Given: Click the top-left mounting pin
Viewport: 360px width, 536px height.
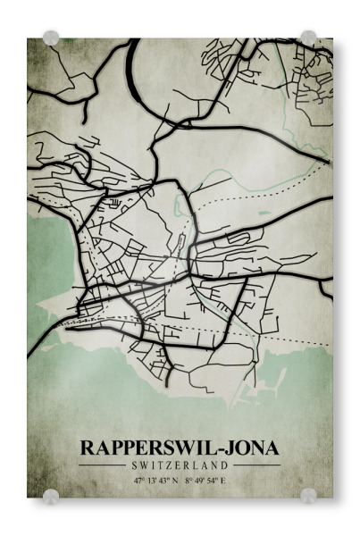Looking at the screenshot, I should pyautogui.click(x=51, y=38).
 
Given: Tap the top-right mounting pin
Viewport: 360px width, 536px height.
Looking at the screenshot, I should pyautogui.click(x=308, y=38).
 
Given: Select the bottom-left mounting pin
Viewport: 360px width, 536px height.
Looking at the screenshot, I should pyautogui.click(x=51, y=495).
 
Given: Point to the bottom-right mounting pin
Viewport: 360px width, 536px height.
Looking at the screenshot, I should pyautogui.click(x=308, y=495).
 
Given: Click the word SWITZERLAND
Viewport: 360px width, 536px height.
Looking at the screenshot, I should pyautogui.click(x=180, y=465).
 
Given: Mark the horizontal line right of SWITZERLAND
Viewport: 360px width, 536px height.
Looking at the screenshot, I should pyautogui.click(x=257, y=465).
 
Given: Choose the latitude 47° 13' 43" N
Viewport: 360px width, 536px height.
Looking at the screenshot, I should pyautogui.click(x=156, y=481).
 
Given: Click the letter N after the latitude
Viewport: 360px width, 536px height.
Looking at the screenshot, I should pyautogui.click(x=176, y=481).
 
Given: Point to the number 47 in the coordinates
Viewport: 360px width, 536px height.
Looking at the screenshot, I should pyautogui.click(x=138, y=481).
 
